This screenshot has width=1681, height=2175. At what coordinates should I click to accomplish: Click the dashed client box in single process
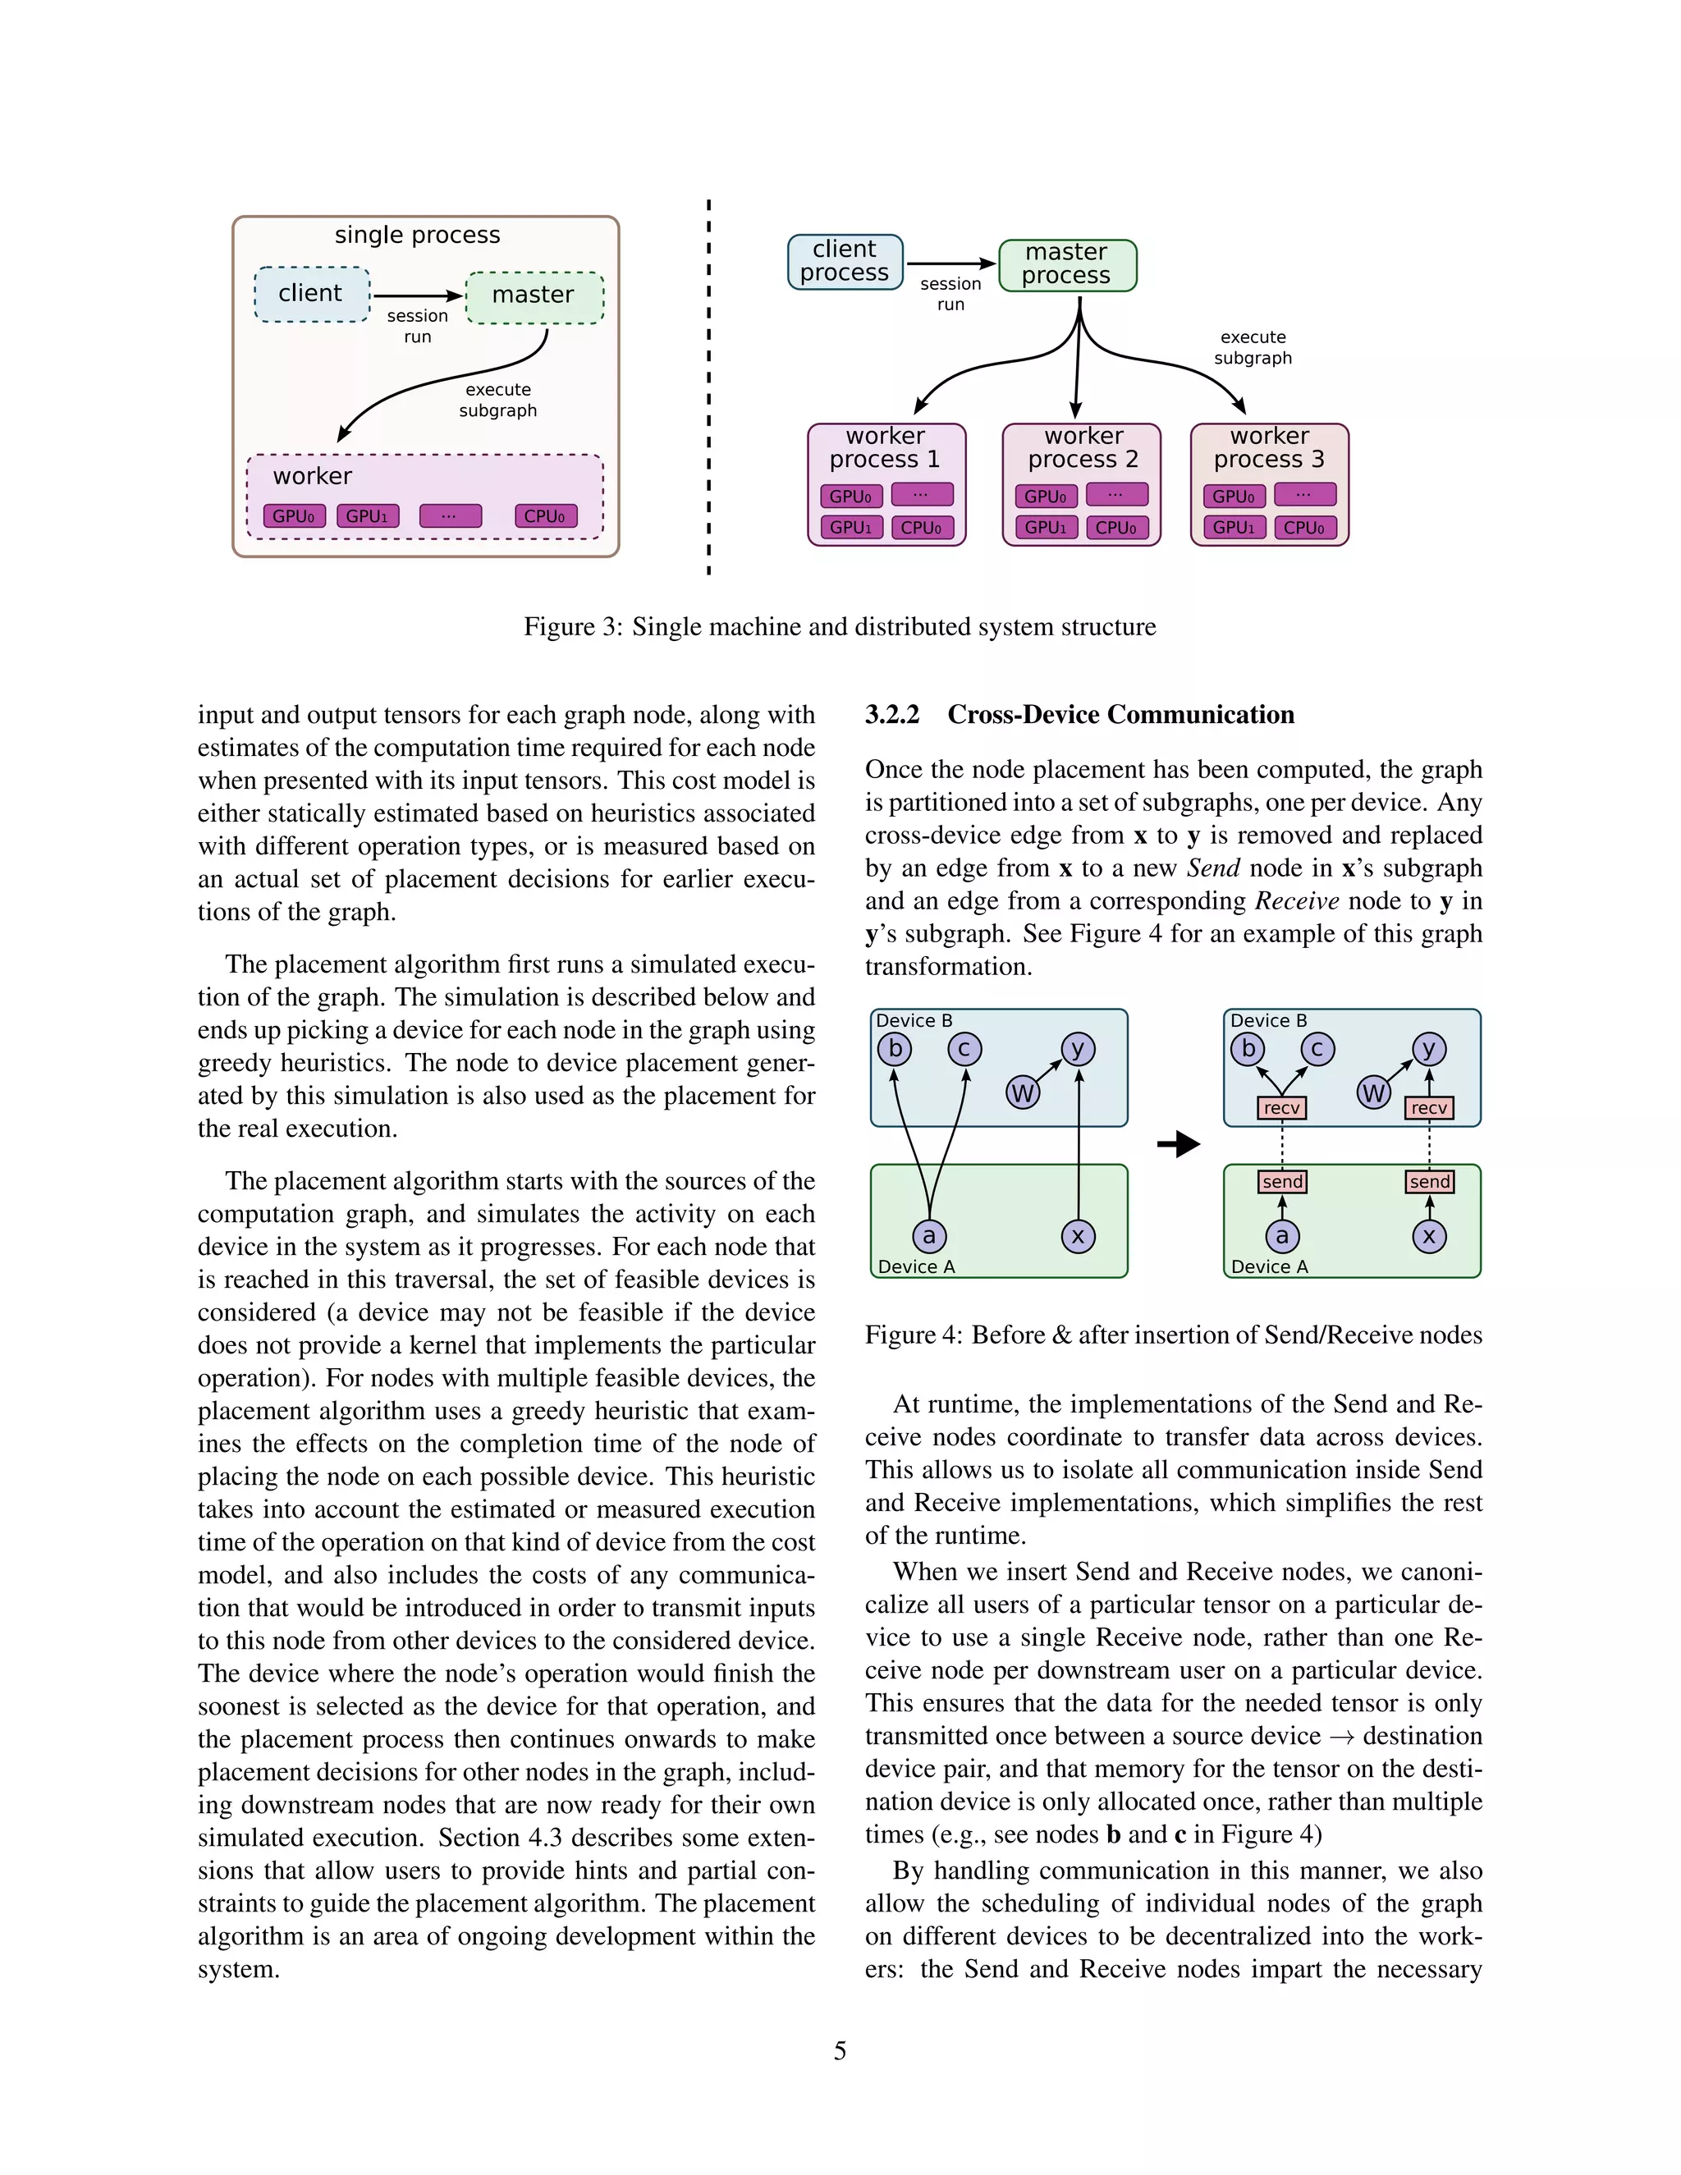312,294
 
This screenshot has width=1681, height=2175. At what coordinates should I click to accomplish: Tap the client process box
845,262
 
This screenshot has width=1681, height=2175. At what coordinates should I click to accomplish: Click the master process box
1066,265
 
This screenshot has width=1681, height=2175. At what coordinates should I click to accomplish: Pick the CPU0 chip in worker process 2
1116,528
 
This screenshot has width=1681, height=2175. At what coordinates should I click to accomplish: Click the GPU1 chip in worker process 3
1233,528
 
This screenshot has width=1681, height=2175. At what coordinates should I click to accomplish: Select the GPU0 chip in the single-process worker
294,517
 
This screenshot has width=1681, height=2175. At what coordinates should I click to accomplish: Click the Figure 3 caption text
840,627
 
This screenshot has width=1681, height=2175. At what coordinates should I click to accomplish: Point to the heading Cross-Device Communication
1120,715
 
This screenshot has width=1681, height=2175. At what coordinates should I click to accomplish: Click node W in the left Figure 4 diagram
1023,1093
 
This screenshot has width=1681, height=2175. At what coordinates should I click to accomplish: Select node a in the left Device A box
929,1237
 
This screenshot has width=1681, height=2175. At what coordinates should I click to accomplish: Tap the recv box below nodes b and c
1280,1108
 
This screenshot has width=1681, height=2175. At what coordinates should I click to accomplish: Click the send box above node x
1429,1182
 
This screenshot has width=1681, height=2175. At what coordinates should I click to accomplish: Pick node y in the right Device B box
1429,1049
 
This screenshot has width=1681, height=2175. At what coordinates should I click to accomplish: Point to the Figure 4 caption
1173,1335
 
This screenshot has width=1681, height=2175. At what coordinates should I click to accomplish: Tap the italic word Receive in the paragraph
1297,901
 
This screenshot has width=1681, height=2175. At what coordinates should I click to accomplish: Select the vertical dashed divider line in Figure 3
709,388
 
